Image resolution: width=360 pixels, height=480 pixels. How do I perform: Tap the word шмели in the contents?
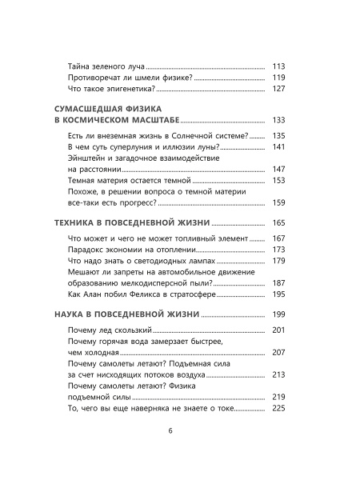(x=144, y=78)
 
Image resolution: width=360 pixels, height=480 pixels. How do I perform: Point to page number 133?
(x=279, y=119)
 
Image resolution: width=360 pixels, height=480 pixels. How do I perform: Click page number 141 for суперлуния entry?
(x=279, y=147)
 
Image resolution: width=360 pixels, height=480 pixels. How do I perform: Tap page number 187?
(x=279, y=283)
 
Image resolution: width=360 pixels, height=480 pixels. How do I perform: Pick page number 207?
(x=279, y=353)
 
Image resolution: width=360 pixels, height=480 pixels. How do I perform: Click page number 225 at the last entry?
(x=279, y=408)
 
